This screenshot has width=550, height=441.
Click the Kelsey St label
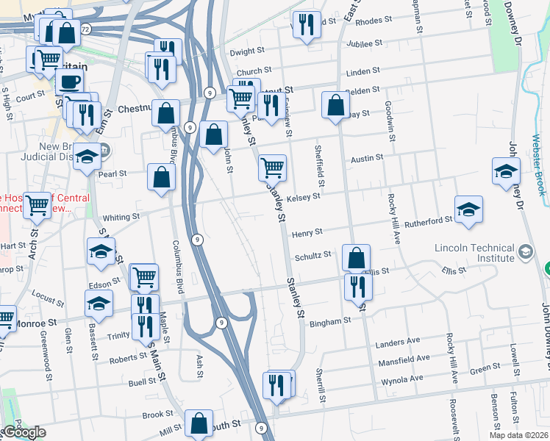304,197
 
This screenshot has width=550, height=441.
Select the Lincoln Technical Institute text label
474,253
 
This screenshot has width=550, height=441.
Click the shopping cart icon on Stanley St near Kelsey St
272,168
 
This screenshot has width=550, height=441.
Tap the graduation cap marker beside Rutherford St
468,210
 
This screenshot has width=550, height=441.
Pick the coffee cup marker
70,82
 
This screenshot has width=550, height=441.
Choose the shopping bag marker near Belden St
335,105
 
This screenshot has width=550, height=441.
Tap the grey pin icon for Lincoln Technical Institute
525,253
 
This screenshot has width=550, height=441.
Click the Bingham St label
330,322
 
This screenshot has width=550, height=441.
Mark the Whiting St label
121,218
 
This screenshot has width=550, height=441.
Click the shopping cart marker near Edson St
144,277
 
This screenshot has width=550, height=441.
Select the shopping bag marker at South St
199,423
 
